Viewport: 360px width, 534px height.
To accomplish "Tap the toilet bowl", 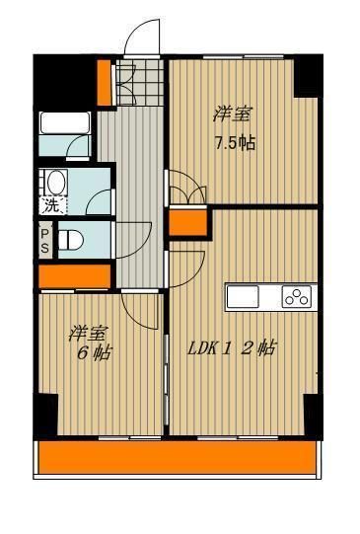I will pyautogui.click(x=70, y=240).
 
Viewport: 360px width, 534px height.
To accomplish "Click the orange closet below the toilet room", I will pyautogui.click(x=60, y=275).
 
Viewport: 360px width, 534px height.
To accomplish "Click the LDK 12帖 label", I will pyautogui.click(x=233, y=347).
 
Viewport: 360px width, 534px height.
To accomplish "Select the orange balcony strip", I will pyautogui.click(x=179, y=457).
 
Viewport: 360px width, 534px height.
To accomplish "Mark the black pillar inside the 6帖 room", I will pyautogui.click(x=45, y=414).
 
